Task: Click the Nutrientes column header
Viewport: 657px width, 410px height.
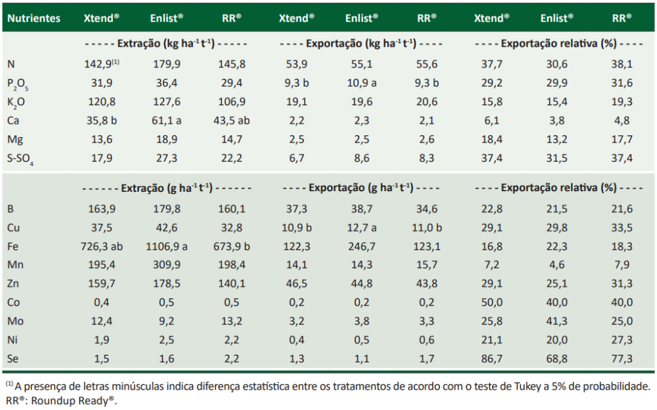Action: pyautogui.click(x=33, y=18)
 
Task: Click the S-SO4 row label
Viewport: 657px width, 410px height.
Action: pyautogui.click(x=21, y=158)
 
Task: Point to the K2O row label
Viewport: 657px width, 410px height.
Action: pyautogui.click(x=17, y=101)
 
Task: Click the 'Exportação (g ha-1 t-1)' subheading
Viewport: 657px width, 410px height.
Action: pyautogui.click(x=361, y=189)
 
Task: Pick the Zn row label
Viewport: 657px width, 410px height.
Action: pyautogui.click(x=13, y=284)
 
